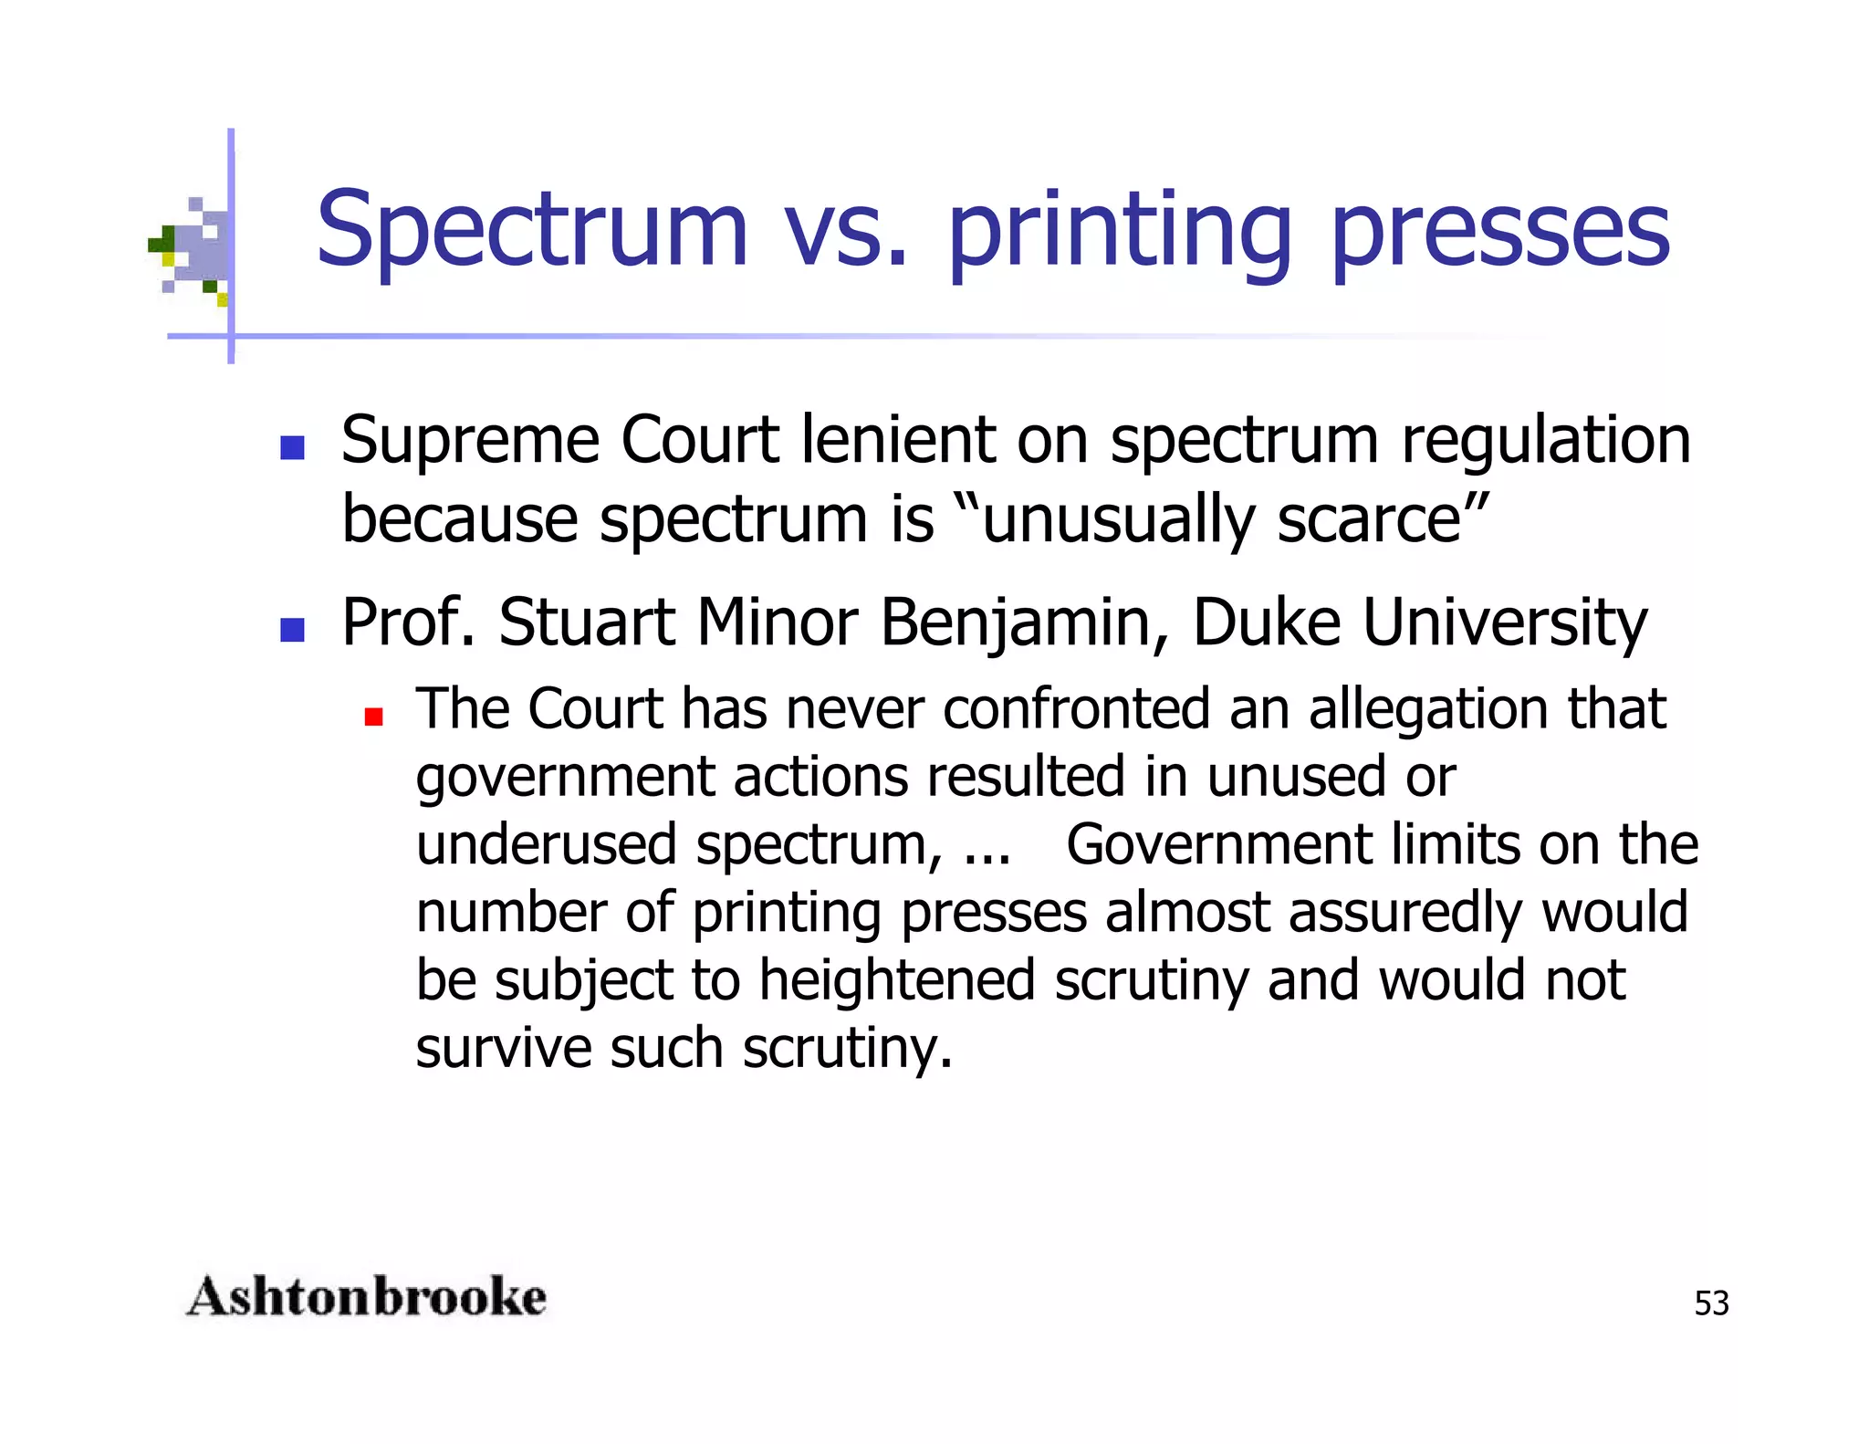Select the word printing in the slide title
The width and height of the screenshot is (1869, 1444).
(x=1119, y=233)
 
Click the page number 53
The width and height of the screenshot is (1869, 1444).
(x=1711, y=1303)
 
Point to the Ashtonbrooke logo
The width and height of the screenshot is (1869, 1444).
(x=366, y=1297)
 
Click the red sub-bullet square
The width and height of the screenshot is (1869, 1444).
(x=373, y=717)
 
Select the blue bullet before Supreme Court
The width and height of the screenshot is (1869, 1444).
(x=292, y=447)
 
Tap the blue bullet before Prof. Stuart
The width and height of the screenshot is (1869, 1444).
(x=292, y=630)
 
